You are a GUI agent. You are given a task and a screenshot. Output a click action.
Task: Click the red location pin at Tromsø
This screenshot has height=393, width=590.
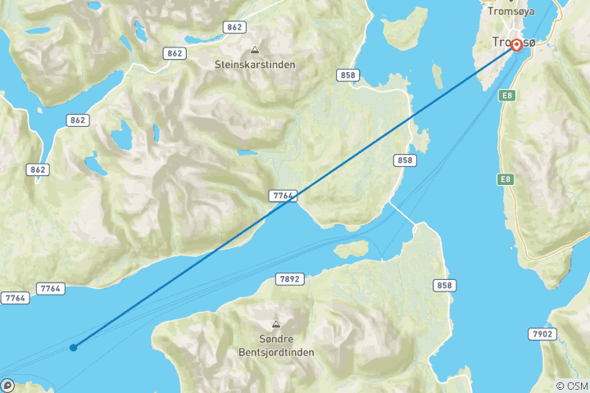coord(517,45)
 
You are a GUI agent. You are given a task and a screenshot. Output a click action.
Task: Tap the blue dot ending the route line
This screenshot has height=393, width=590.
coord(74,348)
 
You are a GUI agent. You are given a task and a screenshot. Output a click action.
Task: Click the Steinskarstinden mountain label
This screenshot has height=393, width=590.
coord(254,64)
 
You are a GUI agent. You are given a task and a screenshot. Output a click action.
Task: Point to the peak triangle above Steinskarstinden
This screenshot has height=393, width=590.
coord(254,49)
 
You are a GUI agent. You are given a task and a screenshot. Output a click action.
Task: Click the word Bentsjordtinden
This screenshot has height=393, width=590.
coord(275,352)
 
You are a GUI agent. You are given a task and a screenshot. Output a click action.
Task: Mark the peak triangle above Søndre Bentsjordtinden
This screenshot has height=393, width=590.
coord(275,324)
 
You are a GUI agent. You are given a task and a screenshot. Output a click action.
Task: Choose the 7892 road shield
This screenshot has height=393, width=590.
coord(290,279)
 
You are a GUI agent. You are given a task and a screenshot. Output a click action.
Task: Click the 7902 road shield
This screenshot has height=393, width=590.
coord(543,333)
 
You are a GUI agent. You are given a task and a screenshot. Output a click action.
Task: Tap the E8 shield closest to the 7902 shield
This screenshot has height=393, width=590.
coord(506,178)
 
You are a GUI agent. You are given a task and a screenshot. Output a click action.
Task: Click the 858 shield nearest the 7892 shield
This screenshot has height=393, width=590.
coord(443,285)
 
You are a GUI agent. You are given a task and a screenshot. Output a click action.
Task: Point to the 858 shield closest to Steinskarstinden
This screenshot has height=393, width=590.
coord(347,75)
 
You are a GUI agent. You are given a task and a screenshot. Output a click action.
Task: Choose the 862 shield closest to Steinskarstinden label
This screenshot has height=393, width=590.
coord(174,53)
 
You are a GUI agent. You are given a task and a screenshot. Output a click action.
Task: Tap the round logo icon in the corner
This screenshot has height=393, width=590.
coord(7,385)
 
